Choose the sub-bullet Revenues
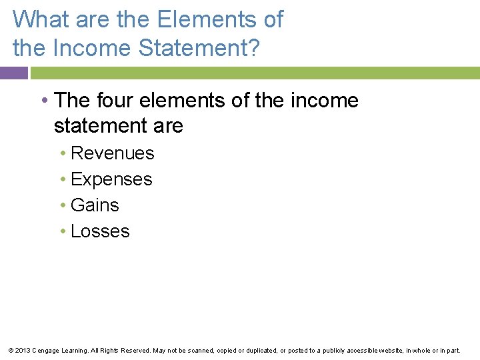(x=112, y=153)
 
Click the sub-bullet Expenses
(x=111, y=179)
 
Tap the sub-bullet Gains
(x=95, y=205)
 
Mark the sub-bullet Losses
(x=100, y=231)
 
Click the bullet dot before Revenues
(x=61, y=153)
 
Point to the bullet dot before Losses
(x=61, y=231)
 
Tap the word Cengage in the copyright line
(x=44, y=350)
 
